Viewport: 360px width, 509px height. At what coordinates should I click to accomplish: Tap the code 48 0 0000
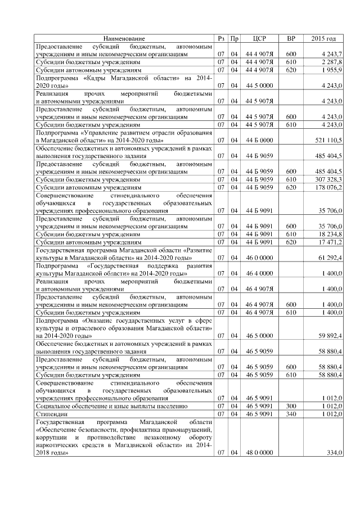pyautogui.click(x=259, y=452)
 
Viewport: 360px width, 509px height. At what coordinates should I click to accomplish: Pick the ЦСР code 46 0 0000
pyautogui.click(x=259, y=257)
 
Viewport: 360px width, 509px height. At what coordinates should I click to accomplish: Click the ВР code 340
pyautogui.click(x=291, y=413)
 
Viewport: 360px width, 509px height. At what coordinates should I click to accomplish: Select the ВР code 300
pyautogui.click(x=291, y=406)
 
